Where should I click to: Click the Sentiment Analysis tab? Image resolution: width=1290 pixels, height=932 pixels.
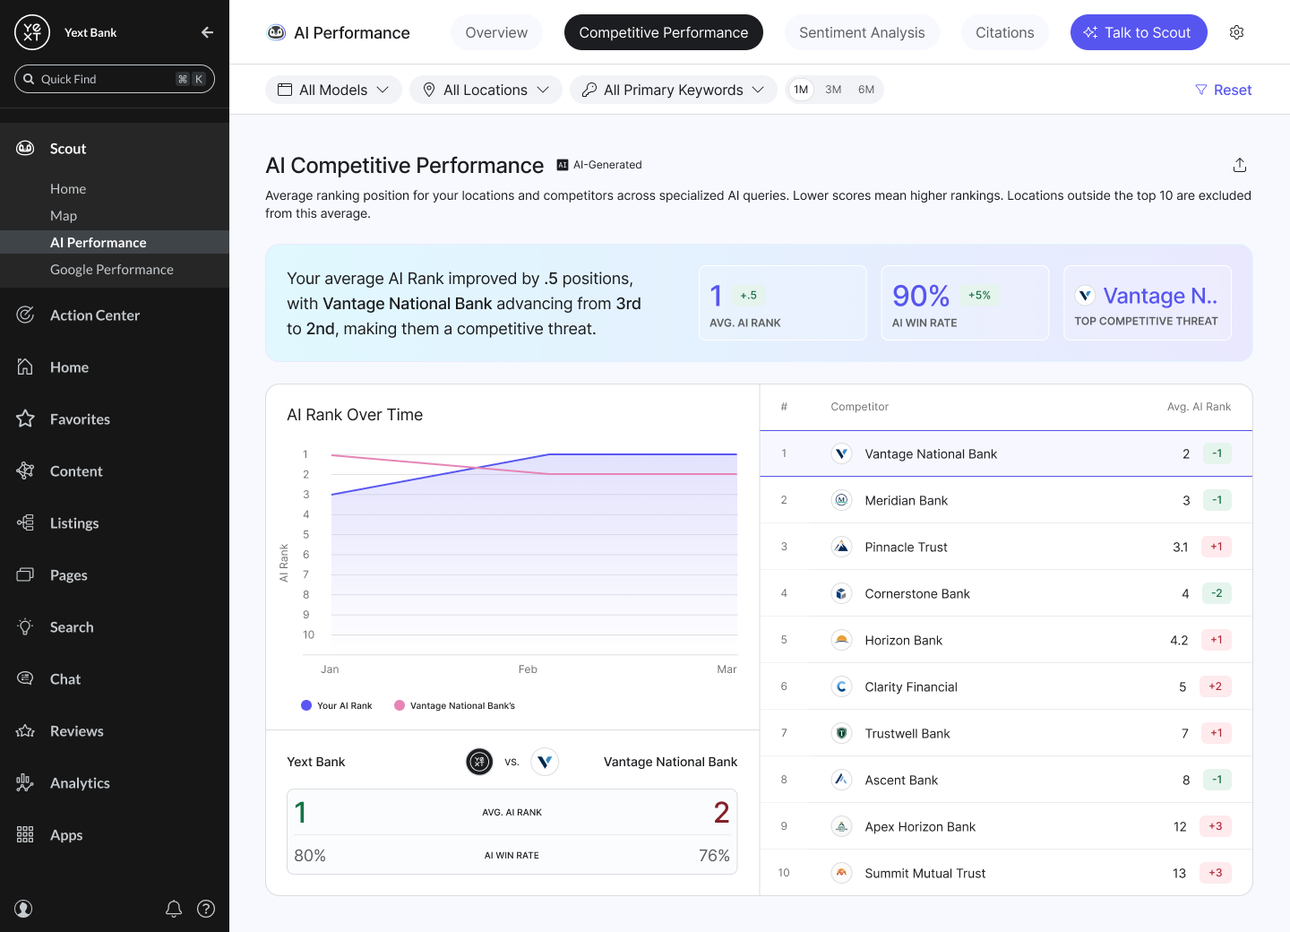click(x=862, y=32)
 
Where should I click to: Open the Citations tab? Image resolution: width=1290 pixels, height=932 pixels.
click(x=1004, y=32)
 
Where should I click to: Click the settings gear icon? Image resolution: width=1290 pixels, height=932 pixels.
click(x=1236, y=32)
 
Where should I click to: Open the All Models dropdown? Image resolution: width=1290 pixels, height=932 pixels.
click(x=333, y=90)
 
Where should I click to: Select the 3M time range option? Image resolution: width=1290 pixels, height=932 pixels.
click(x=833, y=90)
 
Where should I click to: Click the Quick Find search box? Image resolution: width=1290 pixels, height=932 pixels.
click(x=115, y=79)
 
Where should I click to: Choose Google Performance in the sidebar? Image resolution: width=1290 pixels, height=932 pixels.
click(x=112, y=270)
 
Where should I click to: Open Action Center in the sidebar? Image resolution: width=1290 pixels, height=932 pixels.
click(x=94, y=315)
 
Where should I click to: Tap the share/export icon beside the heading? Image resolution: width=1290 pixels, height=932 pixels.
click(x=1239, y=165)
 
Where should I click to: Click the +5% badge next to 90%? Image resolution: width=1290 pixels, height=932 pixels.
click(x=979, y=296)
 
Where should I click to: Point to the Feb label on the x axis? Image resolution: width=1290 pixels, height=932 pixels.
click(x=528, y=669)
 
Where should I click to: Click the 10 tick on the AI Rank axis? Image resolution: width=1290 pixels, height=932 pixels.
click(x=309, y=634)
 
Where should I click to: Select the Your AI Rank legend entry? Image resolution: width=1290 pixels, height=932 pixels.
click(x=337, y=705)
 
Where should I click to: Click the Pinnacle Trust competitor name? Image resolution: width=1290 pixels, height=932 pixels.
click(x=906, y=548)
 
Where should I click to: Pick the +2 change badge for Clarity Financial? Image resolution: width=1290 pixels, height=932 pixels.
click(x=1215, y=686)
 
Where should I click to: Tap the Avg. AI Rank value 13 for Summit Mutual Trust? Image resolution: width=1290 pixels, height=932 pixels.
click(x=1179, y=873)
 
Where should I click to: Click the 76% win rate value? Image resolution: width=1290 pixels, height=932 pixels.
click(x=714, y=856)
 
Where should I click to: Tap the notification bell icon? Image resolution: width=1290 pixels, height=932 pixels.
click(x=174, y=909)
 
